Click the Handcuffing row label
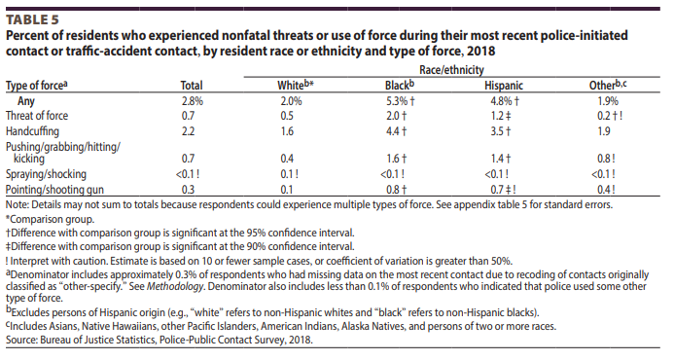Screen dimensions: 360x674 pos(37,129)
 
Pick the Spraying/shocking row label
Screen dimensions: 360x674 pos(45,174)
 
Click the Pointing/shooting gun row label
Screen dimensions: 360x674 pos(53,189)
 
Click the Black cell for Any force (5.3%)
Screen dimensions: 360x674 pos(401,100)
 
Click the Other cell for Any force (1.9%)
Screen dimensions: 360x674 pos(606,100)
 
